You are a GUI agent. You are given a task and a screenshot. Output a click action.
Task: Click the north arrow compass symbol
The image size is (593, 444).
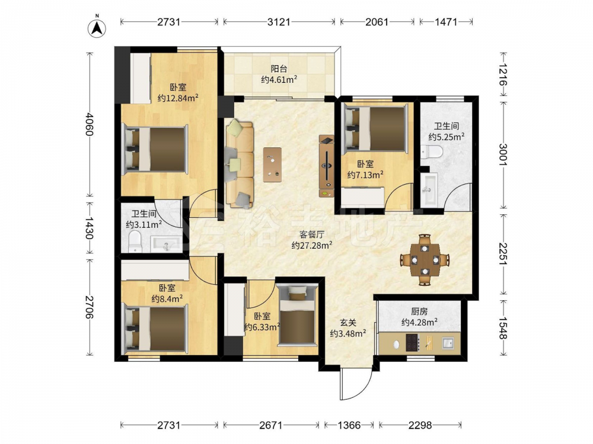click(x=97, y=28)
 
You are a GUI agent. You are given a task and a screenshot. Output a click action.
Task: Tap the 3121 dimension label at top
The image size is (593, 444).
click(x=279, y=22)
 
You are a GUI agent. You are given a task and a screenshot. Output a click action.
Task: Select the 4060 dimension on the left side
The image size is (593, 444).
click(x=89, y=124)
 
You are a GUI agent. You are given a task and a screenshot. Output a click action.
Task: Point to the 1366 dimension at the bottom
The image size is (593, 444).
click(x=349, y=426)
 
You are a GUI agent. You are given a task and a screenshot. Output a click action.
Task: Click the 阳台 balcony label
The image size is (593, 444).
click(x=279, y=69)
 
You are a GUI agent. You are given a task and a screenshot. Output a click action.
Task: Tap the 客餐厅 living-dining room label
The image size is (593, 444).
click(x=312, y=234)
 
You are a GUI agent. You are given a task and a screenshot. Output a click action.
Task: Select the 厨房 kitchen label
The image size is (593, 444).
click(x=419, y=311)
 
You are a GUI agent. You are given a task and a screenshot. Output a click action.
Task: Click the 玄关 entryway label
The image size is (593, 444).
click(x=347, y=323)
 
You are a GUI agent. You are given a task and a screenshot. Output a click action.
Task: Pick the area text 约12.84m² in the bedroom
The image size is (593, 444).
click(x=178, y=98)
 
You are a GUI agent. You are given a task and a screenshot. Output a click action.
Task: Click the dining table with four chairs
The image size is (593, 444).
click(x=425, y=260)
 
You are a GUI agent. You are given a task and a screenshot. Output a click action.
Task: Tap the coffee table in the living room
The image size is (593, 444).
click(x=272, y=165)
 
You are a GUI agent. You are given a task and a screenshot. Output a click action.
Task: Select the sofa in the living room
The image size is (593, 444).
click(x=240, y=163)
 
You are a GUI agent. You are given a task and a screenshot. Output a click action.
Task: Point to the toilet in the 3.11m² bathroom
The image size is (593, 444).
click(x=135, y=242)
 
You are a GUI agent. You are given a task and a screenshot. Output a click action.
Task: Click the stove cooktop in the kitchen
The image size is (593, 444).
click(x=413, y=343)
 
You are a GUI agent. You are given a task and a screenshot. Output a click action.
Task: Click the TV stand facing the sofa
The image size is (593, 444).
click(x=327, y=166)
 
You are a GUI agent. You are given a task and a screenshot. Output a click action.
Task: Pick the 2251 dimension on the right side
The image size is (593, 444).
click(x=503, y=254)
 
